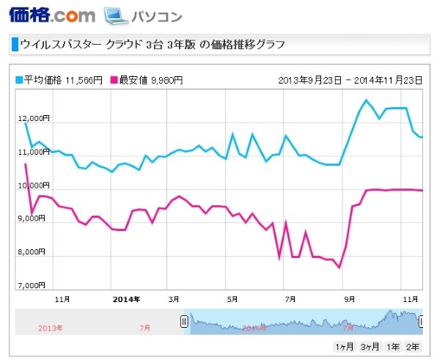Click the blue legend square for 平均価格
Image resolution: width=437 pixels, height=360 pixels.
pos(19,78)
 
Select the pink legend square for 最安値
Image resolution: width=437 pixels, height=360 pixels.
pos(114,78)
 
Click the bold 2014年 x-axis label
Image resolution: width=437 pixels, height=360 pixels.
pos(126,299)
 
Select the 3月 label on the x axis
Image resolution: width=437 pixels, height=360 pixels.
pos(174,299)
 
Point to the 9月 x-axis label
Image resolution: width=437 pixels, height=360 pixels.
pos(350,299)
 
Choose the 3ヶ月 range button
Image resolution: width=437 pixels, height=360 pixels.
pos(369,346)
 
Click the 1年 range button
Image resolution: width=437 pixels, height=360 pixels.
pos(393,346)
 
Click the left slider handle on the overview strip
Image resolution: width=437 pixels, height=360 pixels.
pos(185,321)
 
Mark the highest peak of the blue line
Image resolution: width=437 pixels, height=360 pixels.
pos(367,100)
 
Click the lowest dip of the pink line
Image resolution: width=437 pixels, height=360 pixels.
pos(339,268)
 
